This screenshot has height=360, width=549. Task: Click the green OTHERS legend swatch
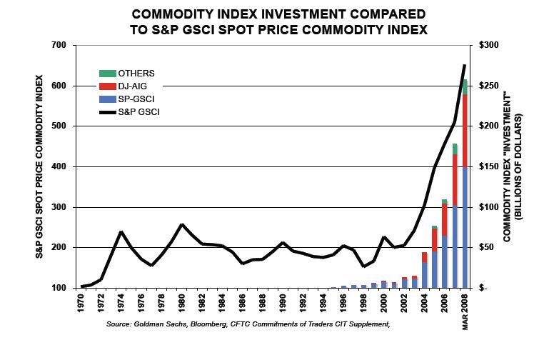(107, 73)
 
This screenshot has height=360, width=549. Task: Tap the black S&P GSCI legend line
(107, 112)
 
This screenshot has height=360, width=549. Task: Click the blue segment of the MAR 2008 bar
(465, 229)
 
